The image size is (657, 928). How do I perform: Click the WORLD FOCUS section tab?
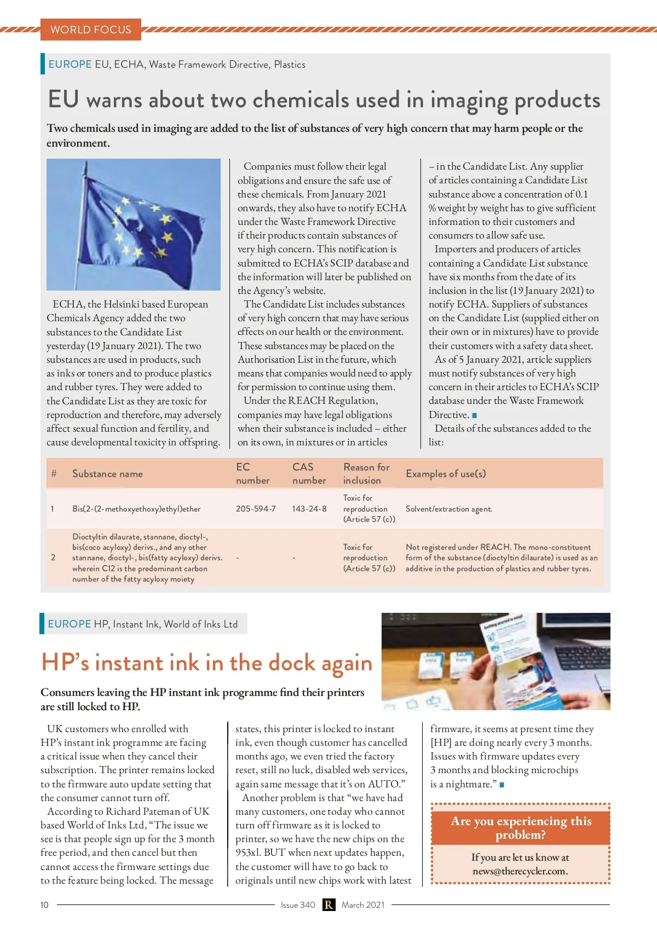tap(91, 30)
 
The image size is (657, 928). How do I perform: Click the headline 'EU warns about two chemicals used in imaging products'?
tap(324, 100)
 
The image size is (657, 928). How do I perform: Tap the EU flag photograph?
tap(134, 224)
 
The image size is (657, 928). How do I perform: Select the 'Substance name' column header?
tap(107, 474)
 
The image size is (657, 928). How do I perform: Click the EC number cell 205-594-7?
tap(256, 509)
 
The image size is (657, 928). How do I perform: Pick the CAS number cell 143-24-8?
tap(309, 509)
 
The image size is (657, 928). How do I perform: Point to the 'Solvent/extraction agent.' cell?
tap(449, 509)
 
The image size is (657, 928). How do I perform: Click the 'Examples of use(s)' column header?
tap(446, 474)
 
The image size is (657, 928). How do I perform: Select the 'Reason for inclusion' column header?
tap(366, 474)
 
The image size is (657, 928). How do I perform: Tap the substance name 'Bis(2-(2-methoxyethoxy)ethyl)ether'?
tap(136, 509)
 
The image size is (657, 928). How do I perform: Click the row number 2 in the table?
tap(53, 558)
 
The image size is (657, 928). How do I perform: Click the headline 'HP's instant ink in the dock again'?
tap(206, 663)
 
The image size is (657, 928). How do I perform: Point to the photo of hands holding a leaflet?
tap(495, 661)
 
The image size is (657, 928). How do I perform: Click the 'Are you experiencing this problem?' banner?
tap(521, 828)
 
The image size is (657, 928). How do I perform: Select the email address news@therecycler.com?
tap(520, 871)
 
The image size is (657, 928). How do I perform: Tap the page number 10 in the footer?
tap(44, 905)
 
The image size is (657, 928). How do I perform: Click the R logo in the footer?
tap(328, 905)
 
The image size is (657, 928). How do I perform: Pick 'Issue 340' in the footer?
tap(298, 905)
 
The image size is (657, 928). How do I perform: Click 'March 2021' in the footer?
tap(363, 905)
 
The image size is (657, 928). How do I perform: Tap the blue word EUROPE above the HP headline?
tap(70, 624)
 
